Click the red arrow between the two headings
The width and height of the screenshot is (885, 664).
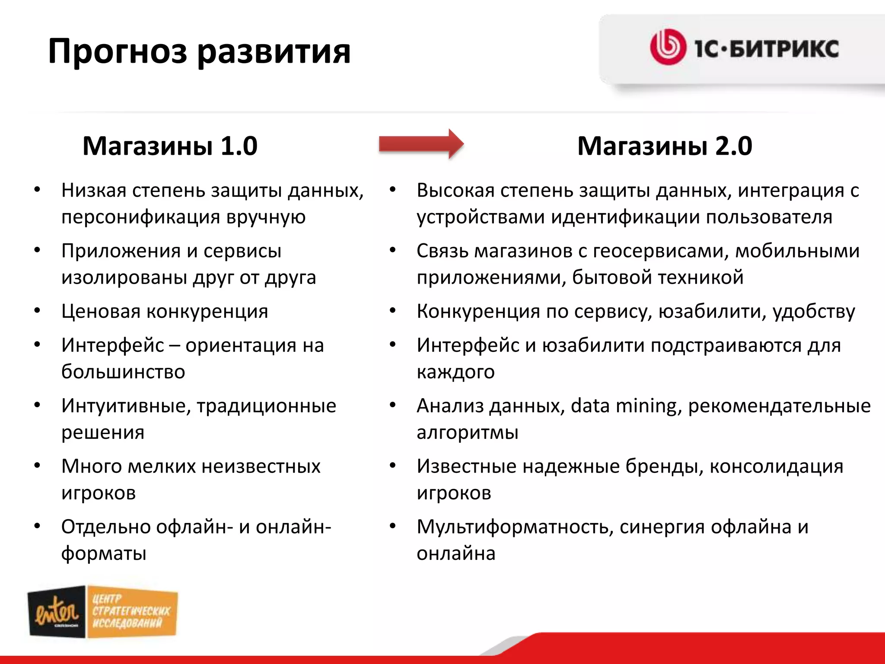(x=421, y=144)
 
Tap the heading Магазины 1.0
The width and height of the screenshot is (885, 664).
(x=170, y=146)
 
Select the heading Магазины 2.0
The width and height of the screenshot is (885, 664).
(x=665, y=146)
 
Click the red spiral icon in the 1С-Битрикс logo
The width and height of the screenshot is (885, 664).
(x=668, y=47)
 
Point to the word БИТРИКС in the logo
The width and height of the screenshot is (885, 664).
(x=784, y=48)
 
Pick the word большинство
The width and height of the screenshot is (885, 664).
(x=123, y=372)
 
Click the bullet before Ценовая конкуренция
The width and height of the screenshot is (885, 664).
(x=38, y=311)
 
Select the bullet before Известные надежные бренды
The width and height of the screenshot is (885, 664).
(x=393, y=466)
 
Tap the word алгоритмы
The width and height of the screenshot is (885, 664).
(x=467, y=432)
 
